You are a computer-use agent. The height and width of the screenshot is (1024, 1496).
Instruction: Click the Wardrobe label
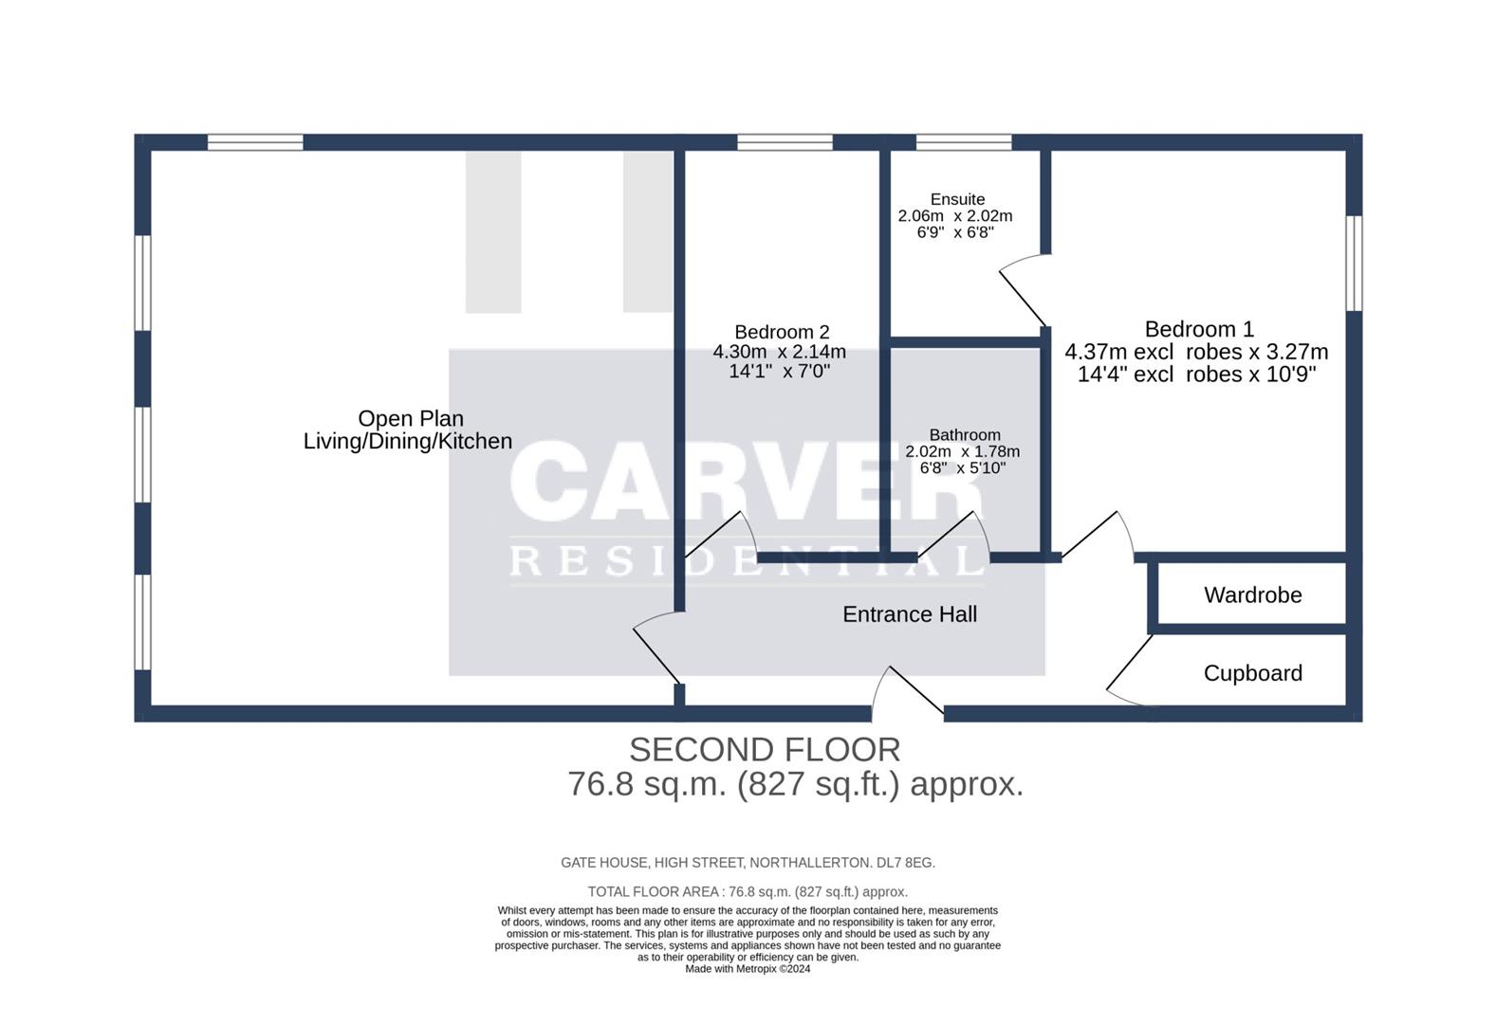pos(1252,595)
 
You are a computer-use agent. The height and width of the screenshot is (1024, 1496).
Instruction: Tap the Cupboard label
pos(1252,673)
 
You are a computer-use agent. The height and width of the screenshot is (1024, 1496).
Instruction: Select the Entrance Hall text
pos(909,614)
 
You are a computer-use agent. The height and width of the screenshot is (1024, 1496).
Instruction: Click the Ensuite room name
pos(957,199)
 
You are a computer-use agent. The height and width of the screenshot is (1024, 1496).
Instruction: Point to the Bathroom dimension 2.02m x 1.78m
pos(962,451)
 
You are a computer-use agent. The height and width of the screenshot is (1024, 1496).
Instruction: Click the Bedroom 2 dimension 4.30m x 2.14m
pos(779,352)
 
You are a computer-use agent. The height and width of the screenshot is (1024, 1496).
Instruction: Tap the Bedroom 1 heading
pos(1199,329)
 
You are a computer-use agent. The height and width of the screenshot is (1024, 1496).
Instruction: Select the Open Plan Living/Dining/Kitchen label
pos(408,430)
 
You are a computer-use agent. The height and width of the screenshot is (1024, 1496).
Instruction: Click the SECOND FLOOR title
pos(765,750)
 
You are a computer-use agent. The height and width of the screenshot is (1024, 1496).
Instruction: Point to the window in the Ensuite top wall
pos(964,142)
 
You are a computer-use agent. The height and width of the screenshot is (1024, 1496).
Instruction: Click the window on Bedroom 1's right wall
pos(1355,263)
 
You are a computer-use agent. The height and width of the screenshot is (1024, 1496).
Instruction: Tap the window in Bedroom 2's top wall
pos(785,142)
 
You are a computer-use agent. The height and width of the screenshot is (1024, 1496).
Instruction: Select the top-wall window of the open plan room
pos(255,142)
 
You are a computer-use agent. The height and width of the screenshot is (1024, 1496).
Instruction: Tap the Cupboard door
pos(1129,671)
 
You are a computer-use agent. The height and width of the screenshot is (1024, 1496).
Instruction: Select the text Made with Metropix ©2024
pos(748,969)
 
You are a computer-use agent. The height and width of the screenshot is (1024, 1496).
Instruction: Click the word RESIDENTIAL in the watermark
pos(748,560)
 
